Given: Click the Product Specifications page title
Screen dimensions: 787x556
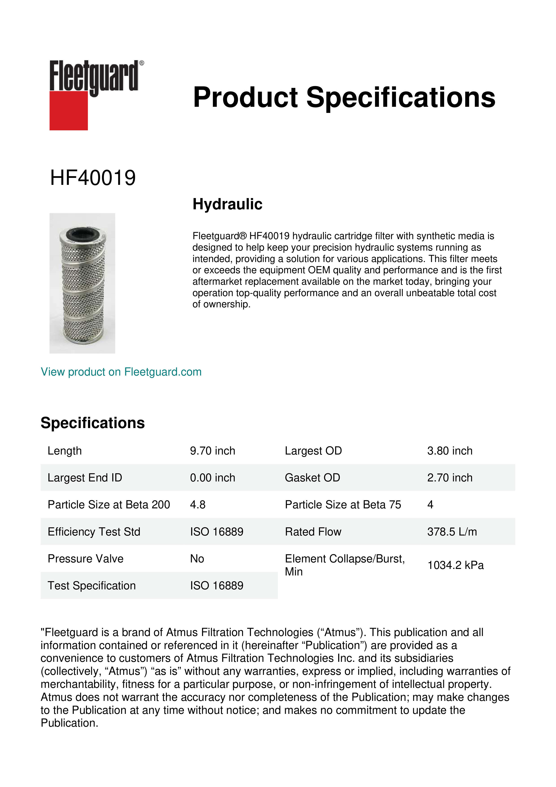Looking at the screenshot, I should [344, 97].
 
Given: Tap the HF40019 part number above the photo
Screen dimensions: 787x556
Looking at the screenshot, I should [93, 178].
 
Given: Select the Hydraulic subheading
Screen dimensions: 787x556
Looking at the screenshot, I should [227, 204].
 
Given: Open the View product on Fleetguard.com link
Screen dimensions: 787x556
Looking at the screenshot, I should [121, 372].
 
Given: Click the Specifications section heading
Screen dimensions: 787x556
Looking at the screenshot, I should [92, 423].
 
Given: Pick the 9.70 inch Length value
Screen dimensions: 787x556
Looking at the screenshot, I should [213, 451].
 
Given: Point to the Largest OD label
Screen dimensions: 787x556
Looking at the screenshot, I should [313, 451].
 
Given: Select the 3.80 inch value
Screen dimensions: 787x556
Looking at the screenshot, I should [450, 451].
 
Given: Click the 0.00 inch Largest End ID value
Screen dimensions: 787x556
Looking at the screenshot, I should [213, 478].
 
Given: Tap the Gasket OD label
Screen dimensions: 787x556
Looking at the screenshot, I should [312, 478].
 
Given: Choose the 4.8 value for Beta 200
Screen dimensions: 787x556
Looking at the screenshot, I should [198, 505].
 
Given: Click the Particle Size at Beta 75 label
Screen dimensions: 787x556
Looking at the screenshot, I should [343, 505].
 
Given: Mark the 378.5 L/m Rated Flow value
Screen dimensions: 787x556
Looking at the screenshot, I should [452, 532].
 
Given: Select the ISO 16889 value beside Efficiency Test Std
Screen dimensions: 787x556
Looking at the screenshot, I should [217, 532].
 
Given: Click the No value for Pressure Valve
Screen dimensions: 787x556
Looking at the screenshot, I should [197, 559].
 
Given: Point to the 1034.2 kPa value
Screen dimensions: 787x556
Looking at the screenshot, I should [455, 565].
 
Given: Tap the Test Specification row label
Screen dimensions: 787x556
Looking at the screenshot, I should [92, 586].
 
